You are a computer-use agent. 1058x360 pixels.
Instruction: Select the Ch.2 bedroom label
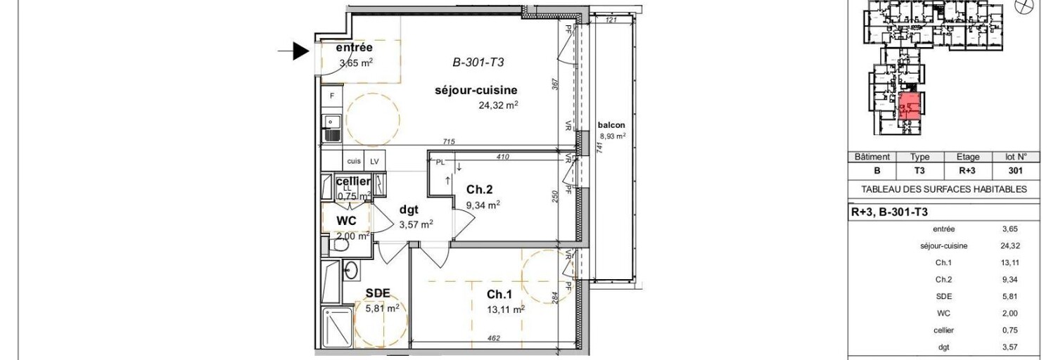[x=478, y=188]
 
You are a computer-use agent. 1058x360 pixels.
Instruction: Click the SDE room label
[x=378, y=293]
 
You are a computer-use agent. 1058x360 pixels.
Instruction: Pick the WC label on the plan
[x=347, y=220]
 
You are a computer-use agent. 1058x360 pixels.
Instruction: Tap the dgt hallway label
[x=410, y=209]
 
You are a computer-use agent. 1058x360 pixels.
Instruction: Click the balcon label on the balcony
[x=611, y=125]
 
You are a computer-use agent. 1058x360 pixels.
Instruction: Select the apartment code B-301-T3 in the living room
[x=478, y=62]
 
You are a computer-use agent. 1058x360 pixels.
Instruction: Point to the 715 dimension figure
[x=449, y=142]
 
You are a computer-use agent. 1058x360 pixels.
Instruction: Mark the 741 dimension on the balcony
[x=597, y=146]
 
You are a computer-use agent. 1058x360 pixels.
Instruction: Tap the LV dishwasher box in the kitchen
[x=374, y=161]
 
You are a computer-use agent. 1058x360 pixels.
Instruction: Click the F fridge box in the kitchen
[x=331, y=95]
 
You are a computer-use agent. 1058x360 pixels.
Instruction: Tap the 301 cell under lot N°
[x=1014, y=170]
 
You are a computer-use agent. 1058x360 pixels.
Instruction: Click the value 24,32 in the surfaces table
[x=1010, y=246]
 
